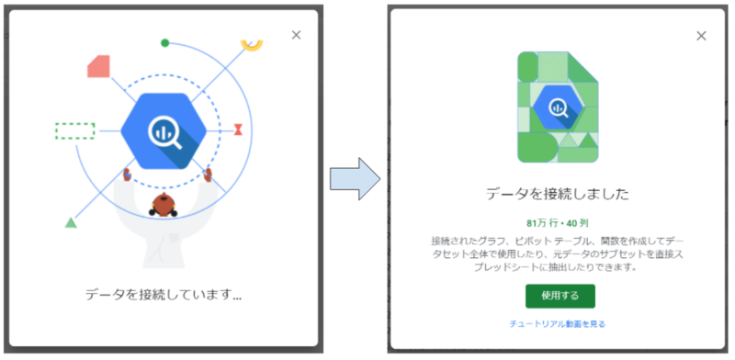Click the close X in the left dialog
click(296, 35)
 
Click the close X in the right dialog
click(701, 36)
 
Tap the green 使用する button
click(560, 296)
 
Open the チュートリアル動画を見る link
click(558, 324)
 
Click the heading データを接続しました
click(558, 194)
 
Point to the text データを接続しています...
click(164, 296)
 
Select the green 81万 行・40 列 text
click(559, 223)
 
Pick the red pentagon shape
click(98, 66)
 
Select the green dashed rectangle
click(74, 130)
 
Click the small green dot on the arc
click(164, 43)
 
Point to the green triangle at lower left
click(71, 222)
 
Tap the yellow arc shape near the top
click(252, 44)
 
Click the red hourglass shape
click(239, 129)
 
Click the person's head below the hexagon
click(165, 203)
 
